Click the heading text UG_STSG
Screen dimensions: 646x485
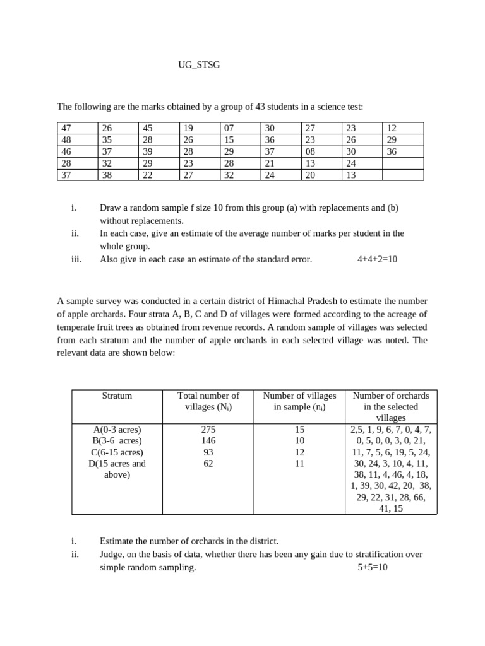200,65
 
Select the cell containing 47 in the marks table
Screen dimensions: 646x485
65,127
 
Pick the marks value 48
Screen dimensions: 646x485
65,139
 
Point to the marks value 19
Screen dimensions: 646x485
188,127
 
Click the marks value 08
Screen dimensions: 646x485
310,151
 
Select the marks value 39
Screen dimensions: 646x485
147,151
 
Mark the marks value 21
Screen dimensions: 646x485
270,163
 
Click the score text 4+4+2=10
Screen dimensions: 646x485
377,259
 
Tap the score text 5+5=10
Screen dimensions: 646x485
372,567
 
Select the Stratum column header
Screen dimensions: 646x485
117,396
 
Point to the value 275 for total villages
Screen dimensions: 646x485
208,430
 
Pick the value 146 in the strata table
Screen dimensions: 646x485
208,441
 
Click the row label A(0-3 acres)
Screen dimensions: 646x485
117,430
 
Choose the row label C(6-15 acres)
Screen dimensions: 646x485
117,452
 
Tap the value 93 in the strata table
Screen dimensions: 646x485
208,452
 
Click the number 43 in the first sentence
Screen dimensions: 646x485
260,107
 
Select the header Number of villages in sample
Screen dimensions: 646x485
299,401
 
